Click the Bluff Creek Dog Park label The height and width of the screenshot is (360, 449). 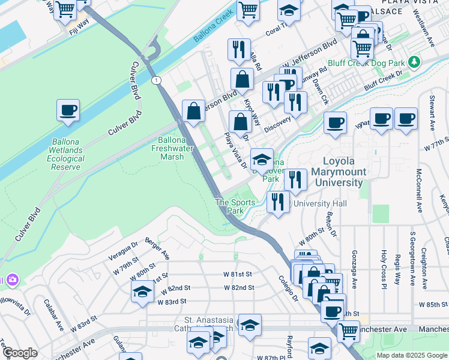click(366, 62)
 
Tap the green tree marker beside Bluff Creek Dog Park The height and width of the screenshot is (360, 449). click(413, 62)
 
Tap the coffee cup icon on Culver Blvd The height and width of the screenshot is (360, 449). click(68, 111)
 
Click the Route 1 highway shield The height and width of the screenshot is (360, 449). click(156, 80)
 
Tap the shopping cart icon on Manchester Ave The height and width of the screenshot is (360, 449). click(348, 331)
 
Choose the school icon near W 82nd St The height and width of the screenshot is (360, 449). click(142, 292)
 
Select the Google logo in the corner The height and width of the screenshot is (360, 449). click(20, 353)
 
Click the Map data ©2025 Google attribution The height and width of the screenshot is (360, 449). click(411, 355)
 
